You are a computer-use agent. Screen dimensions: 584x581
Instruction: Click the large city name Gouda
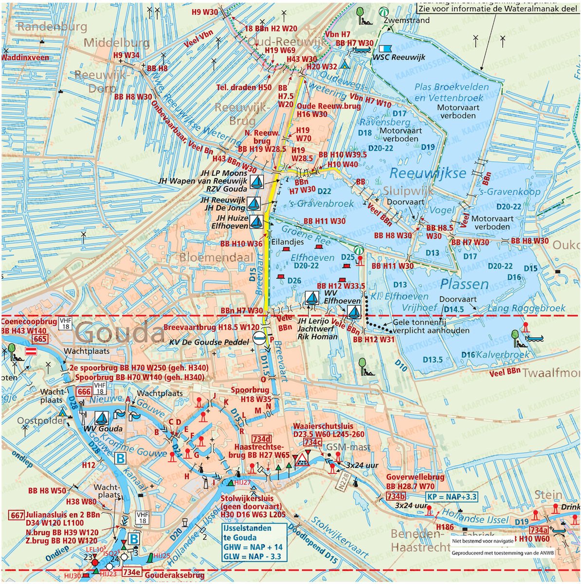(x=120, y=333)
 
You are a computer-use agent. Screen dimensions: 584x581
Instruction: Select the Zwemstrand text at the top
(x=406, y=20)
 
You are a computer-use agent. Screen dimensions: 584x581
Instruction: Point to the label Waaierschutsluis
(x=323, y=426)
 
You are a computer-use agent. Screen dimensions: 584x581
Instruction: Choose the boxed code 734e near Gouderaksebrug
(x=132, y=572)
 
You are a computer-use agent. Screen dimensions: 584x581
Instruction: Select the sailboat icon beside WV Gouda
(x=102, y=418)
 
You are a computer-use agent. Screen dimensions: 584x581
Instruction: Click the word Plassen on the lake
(x=465, y=284)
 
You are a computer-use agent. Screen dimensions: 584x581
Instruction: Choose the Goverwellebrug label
(x=415, y=477)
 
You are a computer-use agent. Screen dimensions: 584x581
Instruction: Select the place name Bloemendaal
(x=210, y=256)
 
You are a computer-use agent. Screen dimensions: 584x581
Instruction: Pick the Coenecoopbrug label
(x=28, y=322)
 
